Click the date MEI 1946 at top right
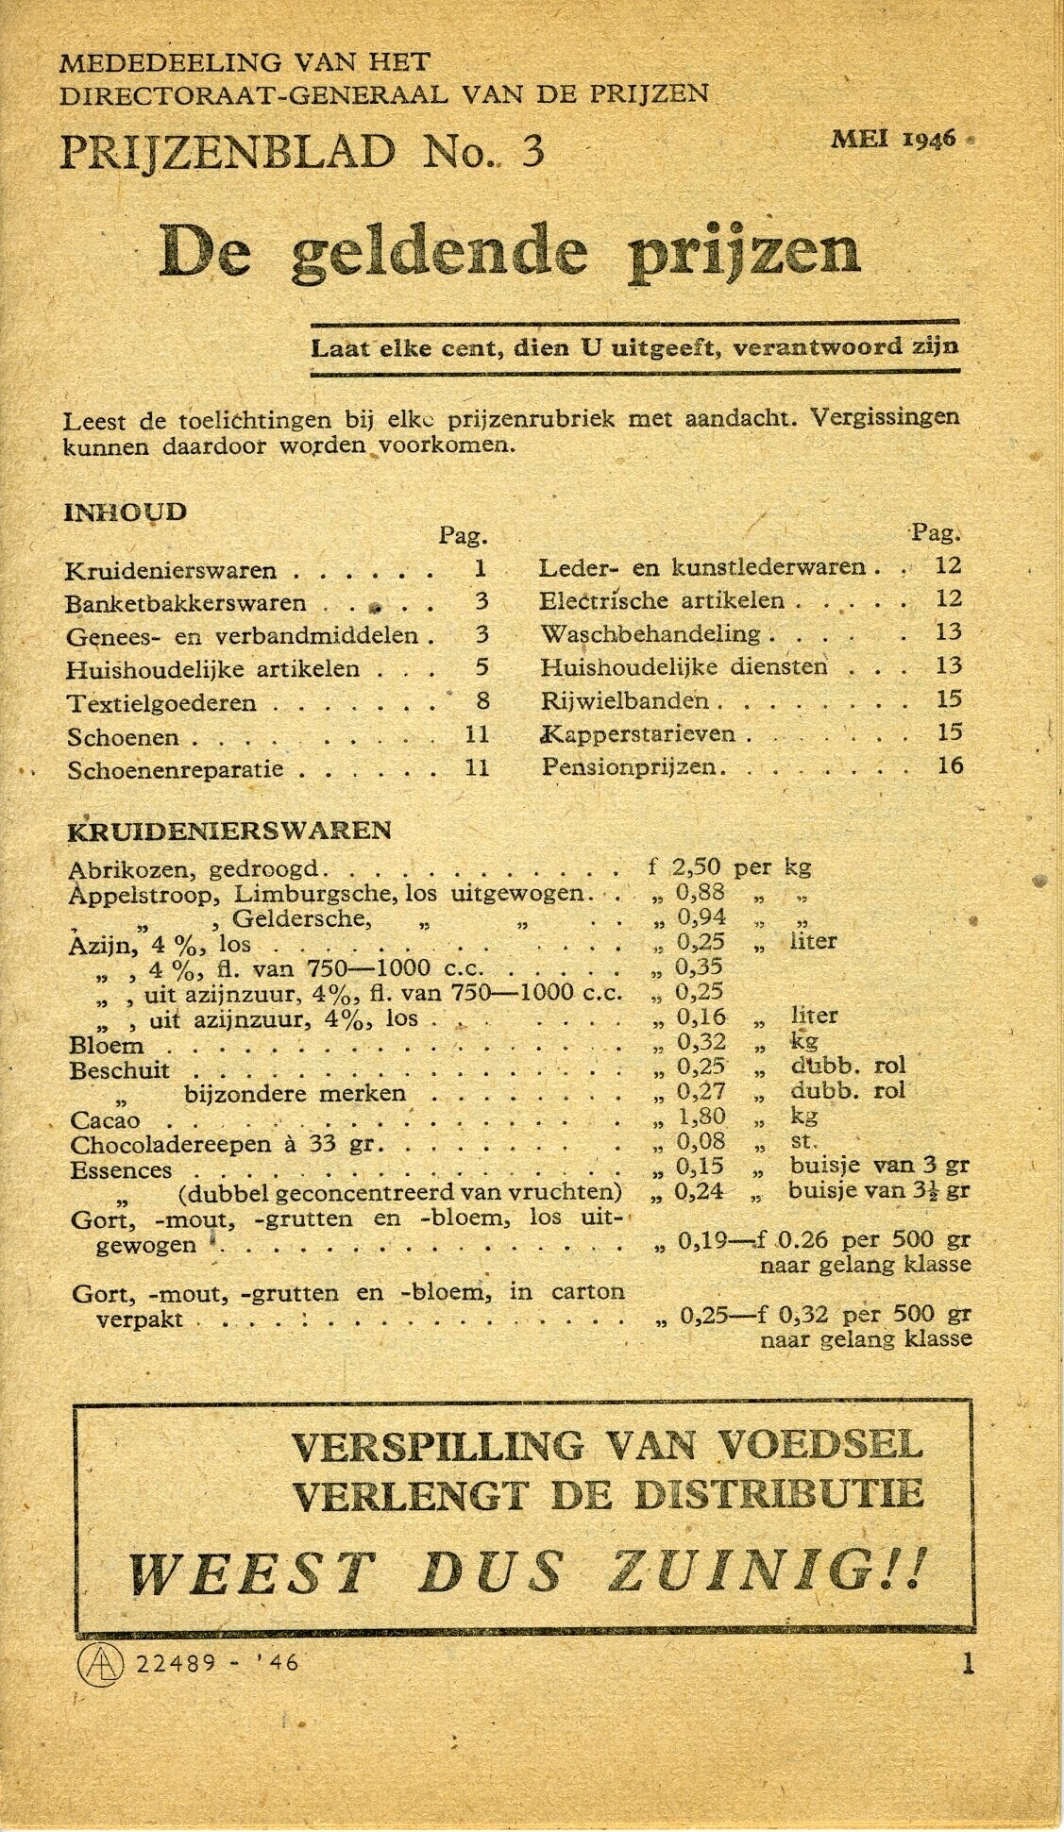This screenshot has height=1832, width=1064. (x=894, y=139)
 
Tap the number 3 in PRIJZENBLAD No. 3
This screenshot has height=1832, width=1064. (x=532, y=151)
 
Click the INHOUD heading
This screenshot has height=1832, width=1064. (x=125, y=513)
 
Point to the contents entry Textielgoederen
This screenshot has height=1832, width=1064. (x=161, y=703)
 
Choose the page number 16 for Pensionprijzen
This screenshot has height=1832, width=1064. (x=950, y=765)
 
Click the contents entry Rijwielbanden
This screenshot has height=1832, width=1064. (x=625, y=700)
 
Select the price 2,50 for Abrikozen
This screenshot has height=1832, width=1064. (x=697, y=866)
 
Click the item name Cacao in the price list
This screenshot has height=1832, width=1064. (x=105, y=1120)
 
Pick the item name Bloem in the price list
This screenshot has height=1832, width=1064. (x=107, y=1046)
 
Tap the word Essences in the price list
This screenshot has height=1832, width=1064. (x=121, y=1170)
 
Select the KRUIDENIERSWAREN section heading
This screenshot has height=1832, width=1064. (x=229, y=831)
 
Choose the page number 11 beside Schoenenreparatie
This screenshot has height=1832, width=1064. (x=478, y=767)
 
